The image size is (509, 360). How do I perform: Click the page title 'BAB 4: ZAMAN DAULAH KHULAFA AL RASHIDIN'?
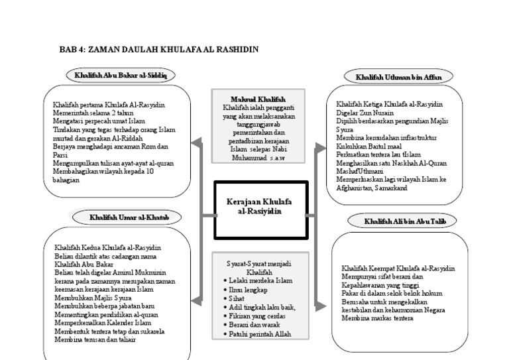[159, 50]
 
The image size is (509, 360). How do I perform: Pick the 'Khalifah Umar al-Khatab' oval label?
[136, 217]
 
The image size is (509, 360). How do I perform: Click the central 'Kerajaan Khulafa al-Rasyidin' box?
[260, 210]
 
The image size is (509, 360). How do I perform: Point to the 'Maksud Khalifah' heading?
[259, 99]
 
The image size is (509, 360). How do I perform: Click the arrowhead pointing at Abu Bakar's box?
[196, 142]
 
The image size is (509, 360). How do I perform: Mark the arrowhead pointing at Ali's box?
[321, 306]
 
